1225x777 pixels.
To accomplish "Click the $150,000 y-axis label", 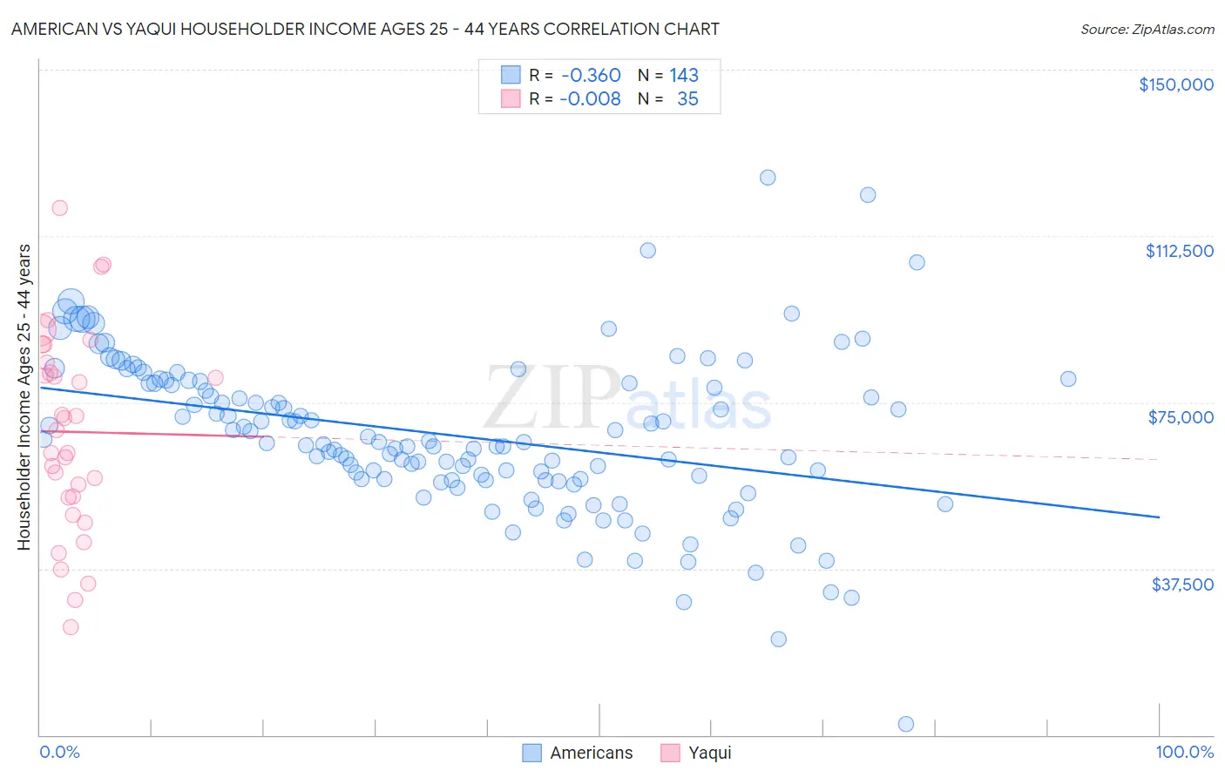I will [x=1175, y=84].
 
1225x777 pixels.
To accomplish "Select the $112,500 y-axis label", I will [x=1179, y=251].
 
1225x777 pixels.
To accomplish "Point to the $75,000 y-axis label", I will [x=1181, y=417].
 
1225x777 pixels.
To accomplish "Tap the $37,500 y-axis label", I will [x=1182, y=584].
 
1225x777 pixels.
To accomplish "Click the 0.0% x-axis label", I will [x=59, y=752].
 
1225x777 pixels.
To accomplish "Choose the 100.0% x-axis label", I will [x=1184, y=752].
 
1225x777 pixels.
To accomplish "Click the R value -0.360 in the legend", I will [x=591, y=75].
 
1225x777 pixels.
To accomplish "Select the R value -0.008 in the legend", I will [x=591, y=98].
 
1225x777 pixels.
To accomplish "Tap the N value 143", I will [x=684, y=75].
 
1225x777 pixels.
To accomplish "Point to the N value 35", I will [x=687, y=98].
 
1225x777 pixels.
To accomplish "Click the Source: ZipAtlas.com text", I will [x=1147, y=29].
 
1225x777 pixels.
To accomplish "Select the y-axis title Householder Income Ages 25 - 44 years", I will [x=24, y=396].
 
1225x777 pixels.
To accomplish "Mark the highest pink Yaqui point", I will [x=59, y=207].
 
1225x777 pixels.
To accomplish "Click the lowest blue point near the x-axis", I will [x=905, y=724].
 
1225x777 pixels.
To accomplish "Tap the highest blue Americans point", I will [x=767, y=177].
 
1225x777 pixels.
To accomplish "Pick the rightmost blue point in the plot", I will [x=1067, y=378].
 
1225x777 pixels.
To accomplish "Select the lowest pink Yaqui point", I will [x=71, y=627].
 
